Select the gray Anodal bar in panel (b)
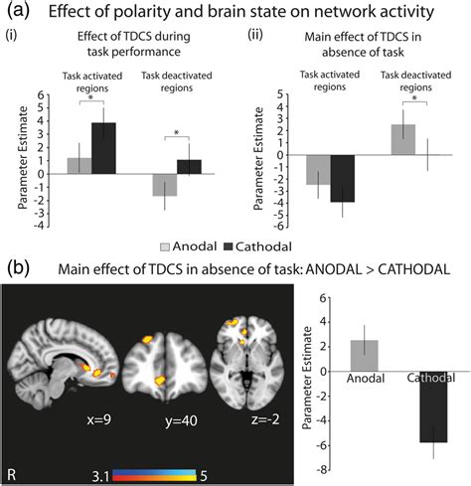coord(365,355)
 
